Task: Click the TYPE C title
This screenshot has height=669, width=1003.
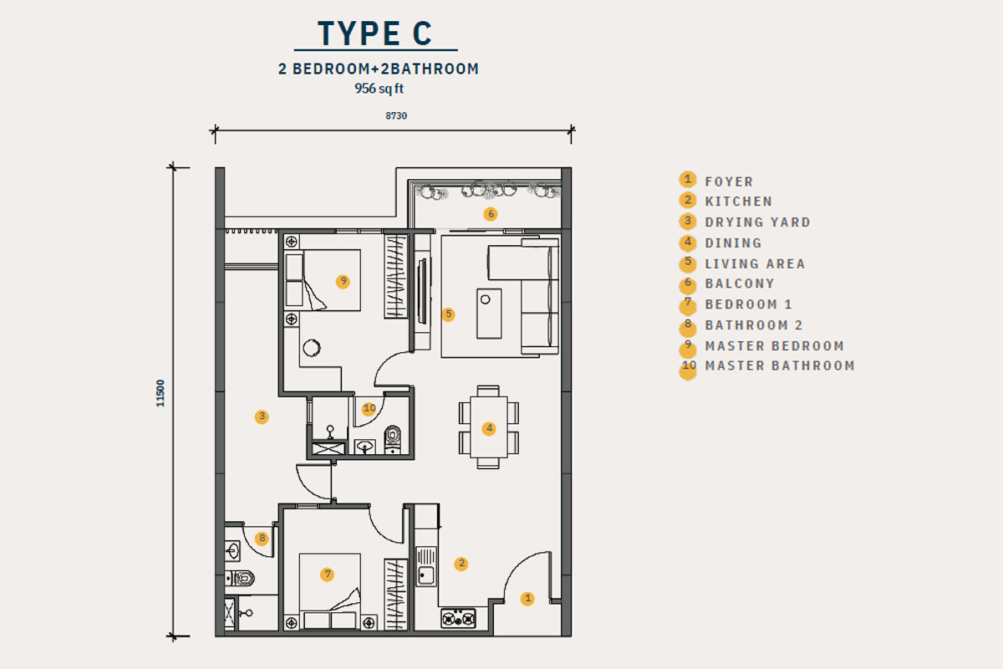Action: [x=375, y=33]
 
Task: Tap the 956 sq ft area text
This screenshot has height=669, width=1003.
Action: [x=379, y=89]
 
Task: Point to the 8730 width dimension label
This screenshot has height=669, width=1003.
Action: [x=396, y=115]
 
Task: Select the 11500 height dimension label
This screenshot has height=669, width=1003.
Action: [x=160, y=393]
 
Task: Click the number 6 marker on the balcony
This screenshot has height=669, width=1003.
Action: [x=491, y=214]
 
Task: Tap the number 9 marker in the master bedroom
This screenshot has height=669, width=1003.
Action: [x=343, y=282]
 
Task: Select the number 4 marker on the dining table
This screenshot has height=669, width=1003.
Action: [x=489, y=429]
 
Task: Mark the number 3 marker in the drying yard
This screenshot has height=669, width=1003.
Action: [x=262, y=416]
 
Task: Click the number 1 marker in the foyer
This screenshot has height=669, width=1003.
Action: [x=527, y=599]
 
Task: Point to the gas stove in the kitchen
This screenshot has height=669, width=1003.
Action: [x=458, y=619]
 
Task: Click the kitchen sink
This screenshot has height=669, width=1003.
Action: [x=425, y=566]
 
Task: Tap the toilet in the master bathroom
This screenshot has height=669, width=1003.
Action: [x=393, y=439]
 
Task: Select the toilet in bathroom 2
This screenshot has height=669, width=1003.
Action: [x=240, y=578]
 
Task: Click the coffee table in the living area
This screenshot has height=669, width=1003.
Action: [x=489, y=314]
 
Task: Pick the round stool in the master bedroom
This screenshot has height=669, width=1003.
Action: [x=312, y=348]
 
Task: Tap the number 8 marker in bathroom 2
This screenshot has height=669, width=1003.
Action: [x=262, y=539]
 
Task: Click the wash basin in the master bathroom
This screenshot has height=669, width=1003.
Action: [x=365, y=447]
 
